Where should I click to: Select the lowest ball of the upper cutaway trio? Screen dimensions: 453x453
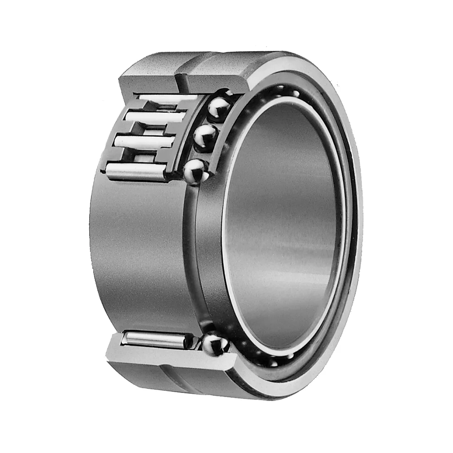196,171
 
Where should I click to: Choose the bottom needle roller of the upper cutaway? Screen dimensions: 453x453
136,173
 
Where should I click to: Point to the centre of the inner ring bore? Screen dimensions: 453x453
283,226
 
